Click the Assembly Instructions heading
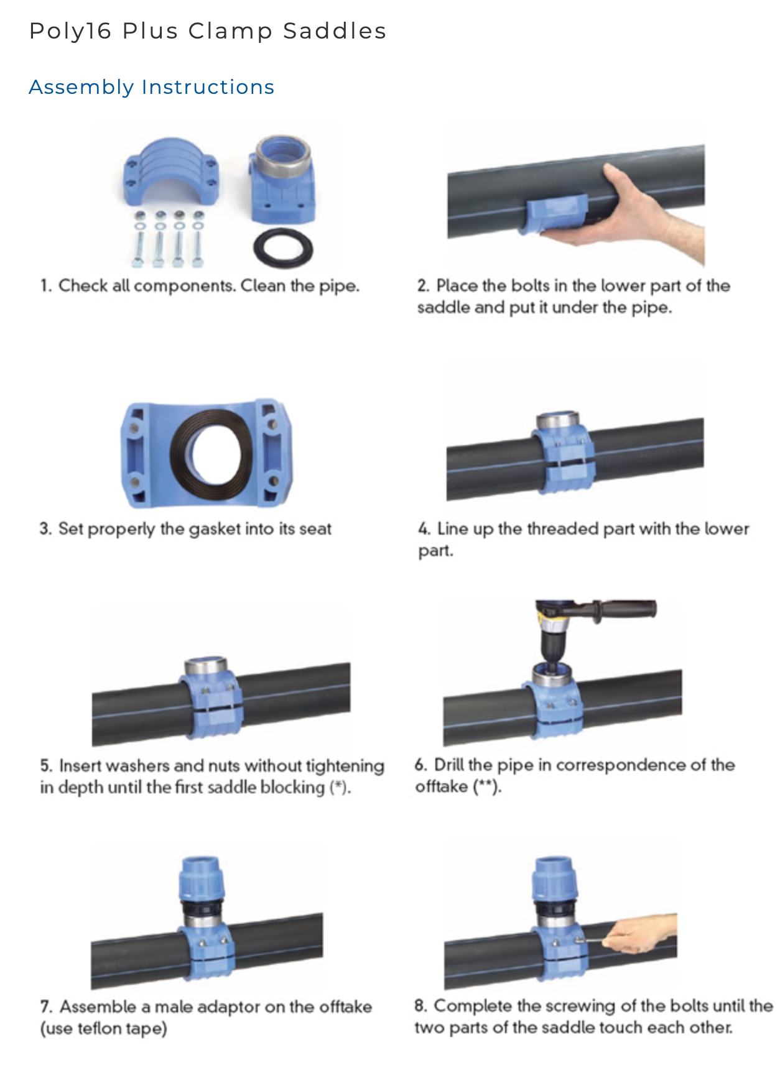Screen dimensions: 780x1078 tap(151, 87)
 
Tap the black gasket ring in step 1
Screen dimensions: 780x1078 tap(283, 248)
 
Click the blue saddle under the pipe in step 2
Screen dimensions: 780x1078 tap(555, 214)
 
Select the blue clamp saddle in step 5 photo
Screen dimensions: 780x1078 tap(211, 698)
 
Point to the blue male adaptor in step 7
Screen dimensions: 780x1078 tap(202, 878)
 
